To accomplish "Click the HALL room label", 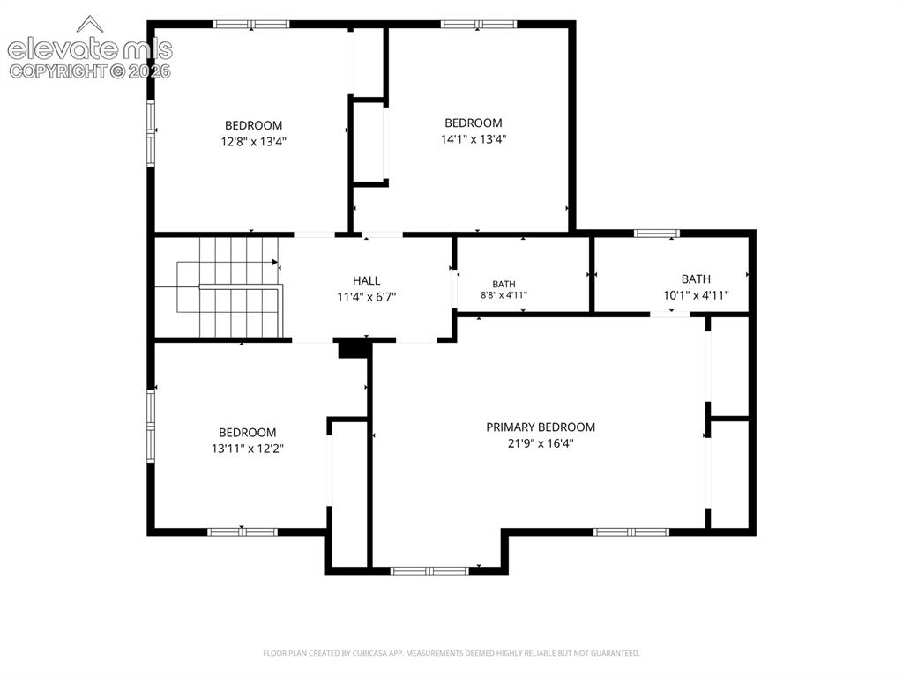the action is point(366,280).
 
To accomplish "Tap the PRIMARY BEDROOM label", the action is point(541,427).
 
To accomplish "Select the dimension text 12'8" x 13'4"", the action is point(253,141).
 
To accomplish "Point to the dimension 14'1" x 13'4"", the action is point(474,138).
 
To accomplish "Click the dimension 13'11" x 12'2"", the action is point(248,449).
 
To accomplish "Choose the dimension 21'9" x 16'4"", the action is point(541,443).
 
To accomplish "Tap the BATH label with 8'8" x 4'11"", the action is point(504,284).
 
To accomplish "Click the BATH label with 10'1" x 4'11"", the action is point(696,279).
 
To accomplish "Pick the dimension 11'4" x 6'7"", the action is point(366,297).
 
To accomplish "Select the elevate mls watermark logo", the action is point(90,41).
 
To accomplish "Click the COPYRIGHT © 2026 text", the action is point(90,71).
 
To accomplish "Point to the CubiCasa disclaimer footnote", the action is point(451,653).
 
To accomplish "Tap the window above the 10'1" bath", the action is point(656,234).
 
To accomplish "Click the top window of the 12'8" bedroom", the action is point(251,24).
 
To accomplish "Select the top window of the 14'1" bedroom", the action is point(479,24).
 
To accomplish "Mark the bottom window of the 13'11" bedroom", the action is point(243,532).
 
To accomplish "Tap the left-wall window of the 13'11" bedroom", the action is point(151,426).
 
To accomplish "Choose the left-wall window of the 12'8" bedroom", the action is point(151,134).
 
